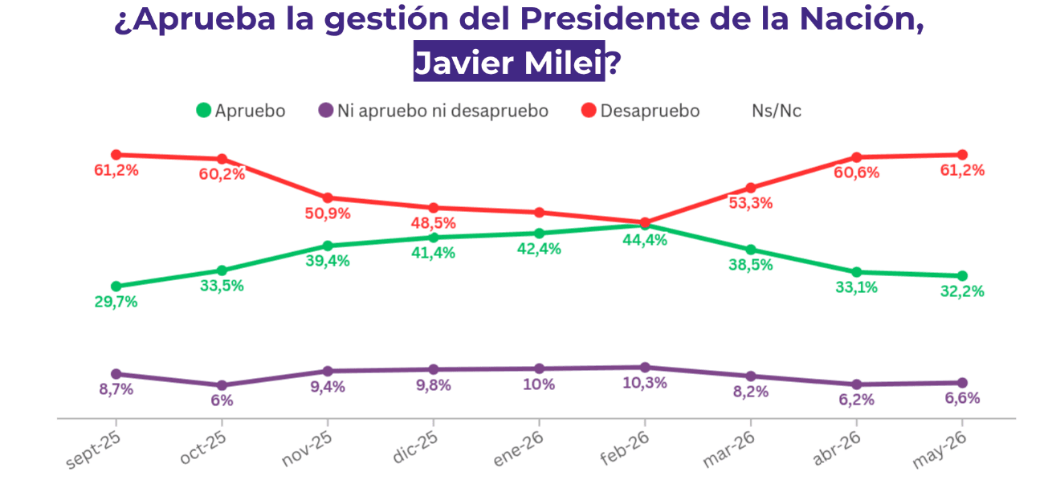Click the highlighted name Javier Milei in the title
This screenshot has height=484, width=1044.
509,62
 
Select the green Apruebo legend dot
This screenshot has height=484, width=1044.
204,111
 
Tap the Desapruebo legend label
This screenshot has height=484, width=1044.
650,111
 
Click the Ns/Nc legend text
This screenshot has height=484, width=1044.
776,111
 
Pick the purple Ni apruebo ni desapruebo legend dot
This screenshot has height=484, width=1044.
325,111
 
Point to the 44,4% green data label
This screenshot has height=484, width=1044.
645,240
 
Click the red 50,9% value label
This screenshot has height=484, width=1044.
328,214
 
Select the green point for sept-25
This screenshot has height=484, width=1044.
116,287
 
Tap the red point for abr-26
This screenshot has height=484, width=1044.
856,157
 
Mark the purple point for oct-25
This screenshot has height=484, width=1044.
222,385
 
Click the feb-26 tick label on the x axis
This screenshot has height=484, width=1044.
625,447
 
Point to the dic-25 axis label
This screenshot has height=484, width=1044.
415,446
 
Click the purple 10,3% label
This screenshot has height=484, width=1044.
645,383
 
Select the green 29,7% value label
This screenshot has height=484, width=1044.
116,302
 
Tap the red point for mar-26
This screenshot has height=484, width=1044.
750,188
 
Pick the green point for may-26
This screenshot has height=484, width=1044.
962,276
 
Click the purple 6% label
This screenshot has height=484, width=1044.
222,401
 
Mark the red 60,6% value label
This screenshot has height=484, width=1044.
856,173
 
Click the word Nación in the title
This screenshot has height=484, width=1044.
861,19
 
